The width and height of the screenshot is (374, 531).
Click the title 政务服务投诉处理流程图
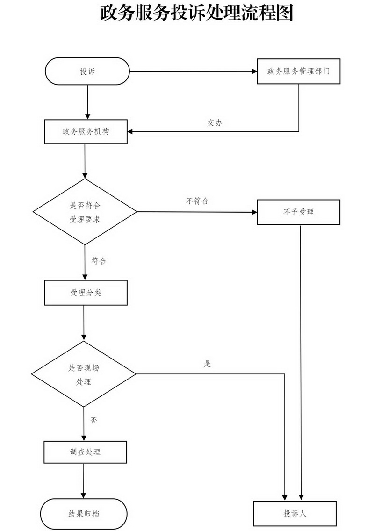(196, 14)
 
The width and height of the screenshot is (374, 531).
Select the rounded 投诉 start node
(87, 72)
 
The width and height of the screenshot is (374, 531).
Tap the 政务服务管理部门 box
(298, 72)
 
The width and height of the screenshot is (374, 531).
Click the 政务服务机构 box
(86, 131)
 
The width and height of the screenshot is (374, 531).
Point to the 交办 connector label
(215, 123)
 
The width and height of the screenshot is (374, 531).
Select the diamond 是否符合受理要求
(85, 212)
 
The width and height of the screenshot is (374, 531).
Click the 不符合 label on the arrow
(197, 201)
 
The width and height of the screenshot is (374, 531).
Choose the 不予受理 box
(298, 212)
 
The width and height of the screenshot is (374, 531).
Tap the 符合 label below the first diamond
(99, 261)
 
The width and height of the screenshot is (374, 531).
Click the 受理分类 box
(86, 293)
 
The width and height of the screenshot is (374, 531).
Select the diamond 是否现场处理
(84, 374)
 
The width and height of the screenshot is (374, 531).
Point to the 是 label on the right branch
(208, 364)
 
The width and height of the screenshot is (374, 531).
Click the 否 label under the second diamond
(94, 420)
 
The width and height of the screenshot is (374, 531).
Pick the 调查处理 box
(85, 452)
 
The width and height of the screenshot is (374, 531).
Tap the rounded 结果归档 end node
(84, 514)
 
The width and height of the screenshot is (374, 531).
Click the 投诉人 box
(295, 513)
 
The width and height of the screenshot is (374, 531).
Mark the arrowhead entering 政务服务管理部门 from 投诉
(254, 72)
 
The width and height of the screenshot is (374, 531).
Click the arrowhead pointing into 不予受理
(254, 212)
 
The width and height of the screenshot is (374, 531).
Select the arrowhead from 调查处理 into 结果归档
(84, 495)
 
